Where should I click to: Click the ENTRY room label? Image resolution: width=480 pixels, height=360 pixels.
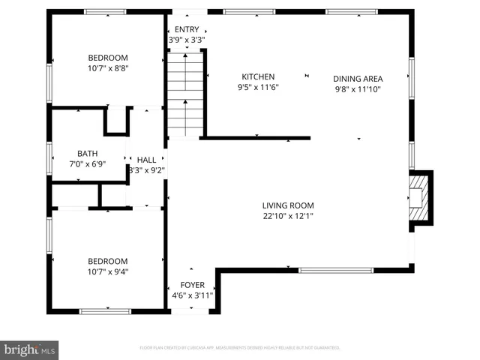pos(187,29)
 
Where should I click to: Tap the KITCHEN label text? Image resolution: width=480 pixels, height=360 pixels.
pos(257,76)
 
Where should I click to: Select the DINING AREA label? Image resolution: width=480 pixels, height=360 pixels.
pos(358,78)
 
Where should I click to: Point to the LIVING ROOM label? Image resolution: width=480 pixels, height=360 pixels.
pos(287,205)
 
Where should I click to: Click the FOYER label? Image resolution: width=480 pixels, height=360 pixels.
pos(191,286)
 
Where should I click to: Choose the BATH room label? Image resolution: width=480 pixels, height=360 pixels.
pos(77,153)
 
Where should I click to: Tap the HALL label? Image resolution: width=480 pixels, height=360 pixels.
pos(146,160)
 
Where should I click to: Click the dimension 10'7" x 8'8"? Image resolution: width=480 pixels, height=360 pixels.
pos(108,67)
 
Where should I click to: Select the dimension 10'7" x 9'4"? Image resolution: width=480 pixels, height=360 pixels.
pos(108,271)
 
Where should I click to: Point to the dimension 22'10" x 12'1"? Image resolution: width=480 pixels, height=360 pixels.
pos(287,216)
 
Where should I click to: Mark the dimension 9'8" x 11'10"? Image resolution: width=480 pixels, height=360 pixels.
pos(358,88)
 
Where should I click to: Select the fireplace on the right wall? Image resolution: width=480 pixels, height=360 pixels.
pos(419,196)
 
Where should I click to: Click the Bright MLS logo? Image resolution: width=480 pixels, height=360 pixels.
pos(30,349)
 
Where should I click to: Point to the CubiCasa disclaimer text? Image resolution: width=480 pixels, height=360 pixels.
pos(240,348)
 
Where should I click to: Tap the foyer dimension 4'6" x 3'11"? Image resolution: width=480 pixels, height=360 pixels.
pos(191,295)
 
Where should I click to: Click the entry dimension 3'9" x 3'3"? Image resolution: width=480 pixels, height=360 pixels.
pos(187,40)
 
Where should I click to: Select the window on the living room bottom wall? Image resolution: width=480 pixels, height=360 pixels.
pos(335,270)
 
